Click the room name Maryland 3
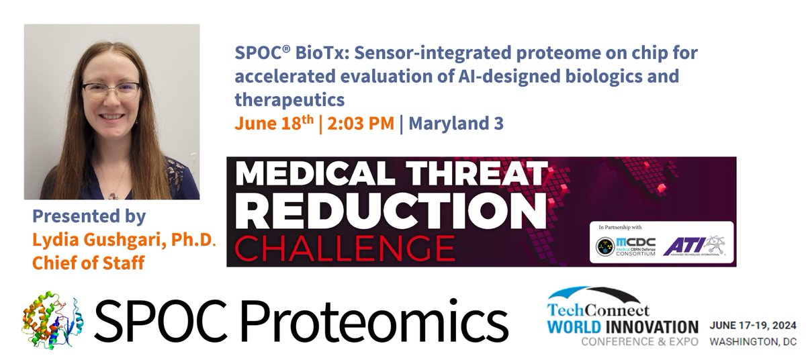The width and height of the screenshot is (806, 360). pos(456,124)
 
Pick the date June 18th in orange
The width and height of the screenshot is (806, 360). pos(273,124)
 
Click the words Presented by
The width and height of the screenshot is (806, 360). pos(89,217)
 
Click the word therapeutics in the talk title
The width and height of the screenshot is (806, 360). pos(289,99)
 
